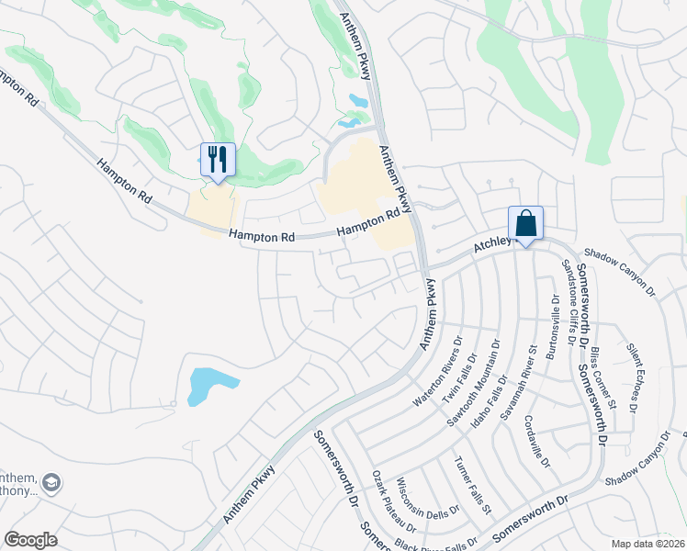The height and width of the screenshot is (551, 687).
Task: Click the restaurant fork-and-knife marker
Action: point(218,160)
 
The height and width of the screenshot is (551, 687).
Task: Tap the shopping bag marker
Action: point(525,223)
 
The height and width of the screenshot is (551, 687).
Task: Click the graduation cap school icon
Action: point(52,482)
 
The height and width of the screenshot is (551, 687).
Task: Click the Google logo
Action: point(30,539)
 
